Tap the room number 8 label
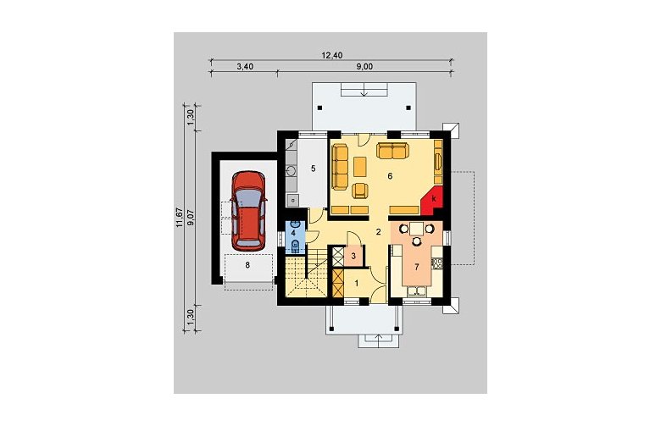coord(247,264)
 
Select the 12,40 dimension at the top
coord(332,55)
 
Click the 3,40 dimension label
coord(245,67)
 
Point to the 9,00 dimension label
coord(365,67)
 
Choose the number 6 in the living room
coord(390,175)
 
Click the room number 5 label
coord(313,169)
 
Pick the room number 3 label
coord(353,256)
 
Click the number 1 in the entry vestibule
coord(356,284)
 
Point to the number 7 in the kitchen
coord(416,266)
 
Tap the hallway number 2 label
coord(379,231)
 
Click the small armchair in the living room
coord(360,191)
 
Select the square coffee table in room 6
coord(360,167)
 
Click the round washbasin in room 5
coord(292,170)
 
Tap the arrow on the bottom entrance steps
coord(378,340)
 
